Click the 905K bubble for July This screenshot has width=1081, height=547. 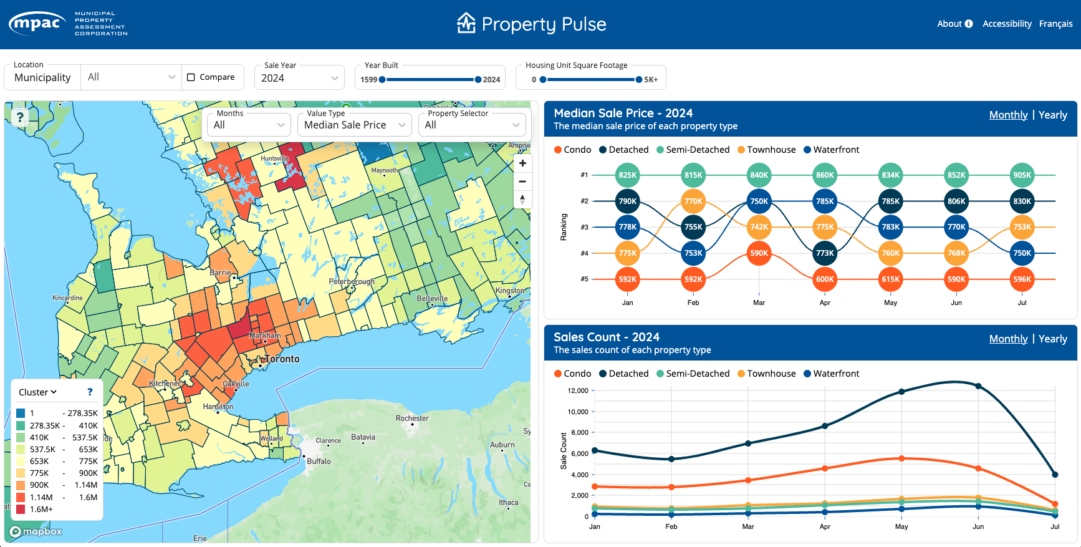point(1022,175)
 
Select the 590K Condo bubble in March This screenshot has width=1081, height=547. point(759,253)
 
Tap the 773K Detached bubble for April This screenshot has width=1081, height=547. point(825,253)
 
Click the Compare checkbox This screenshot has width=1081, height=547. point(191,77)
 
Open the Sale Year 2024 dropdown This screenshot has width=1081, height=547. point(299,78)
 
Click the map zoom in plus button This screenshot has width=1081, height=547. point(522,163)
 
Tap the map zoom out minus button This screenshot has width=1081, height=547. point(522,182)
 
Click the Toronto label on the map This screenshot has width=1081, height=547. point(282,359)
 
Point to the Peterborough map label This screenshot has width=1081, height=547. point(352,282)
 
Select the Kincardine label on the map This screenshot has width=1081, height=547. point(67,298)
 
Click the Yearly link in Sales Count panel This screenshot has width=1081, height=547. point(1052,339)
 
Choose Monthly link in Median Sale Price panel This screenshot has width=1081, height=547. point(1008,115)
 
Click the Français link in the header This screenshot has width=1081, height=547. point(1055,24)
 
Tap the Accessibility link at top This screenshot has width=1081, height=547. point(1007,24)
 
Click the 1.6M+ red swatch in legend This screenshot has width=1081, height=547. point(21,509)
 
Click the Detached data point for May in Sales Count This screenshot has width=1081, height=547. point(901,392)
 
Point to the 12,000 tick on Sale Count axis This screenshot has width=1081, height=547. point(578,390)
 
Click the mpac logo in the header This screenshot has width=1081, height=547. point(37,24)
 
